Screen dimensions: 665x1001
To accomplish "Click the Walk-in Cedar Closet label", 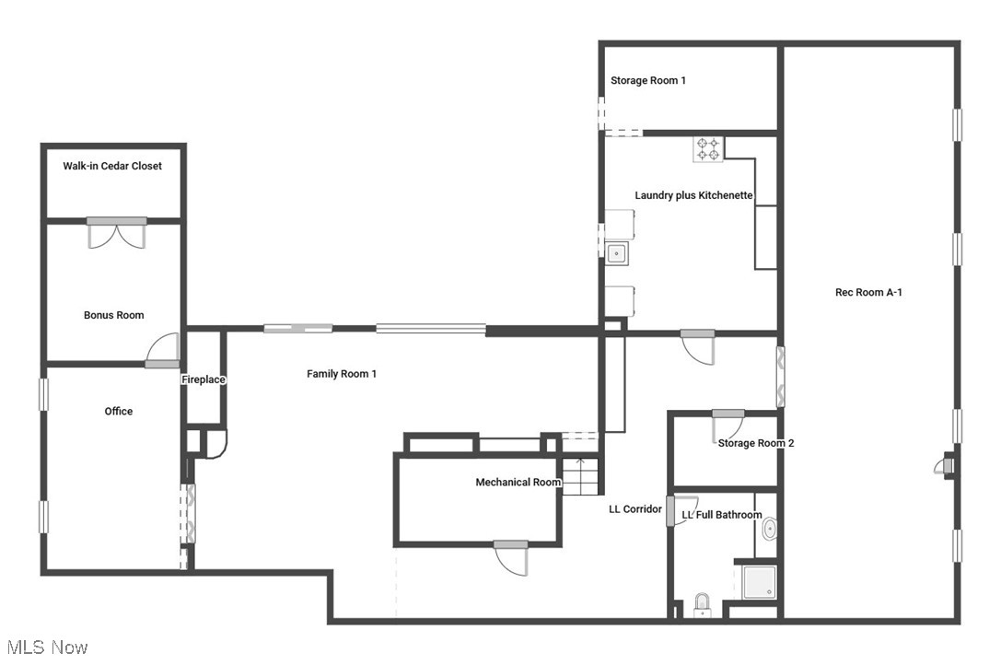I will point(112,166).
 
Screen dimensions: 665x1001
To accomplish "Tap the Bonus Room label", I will point(113,315).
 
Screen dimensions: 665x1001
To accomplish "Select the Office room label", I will point(118,411).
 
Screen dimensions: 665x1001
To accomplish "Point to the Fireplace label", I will point(203,379).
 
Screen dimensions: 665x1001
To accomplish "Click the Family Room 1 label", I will point(342,373).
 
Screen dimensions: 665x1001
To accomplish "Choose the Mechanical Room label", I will point(518,482).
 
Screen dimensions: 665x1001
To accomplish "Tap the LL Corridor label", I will point(634,508).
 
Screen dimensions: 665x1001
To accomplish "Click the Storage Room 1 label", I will point(648,80).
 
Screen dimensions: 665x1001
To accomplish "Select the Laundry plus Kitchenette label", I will point(694,195).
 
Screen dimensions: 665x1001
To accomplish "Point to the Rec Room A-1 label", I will point(867,292).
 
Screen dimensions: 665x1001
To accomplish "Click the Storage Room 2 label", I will point(756,443).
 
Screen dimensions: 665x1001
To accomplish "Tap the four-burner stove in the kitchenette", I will point(708,148).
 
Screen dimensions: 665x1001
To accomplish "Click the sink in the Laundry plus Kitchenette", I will point(615,251).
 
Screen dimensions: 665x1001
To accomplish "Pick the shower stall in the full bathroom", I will point(761,582).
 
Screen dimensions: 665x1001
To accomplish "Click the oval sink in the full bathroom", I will point(769,529).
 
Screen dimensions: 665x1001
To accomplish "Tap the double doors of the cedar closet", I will point(117,233).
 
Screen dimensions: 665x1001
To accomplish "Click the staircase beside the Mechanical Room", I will point(581,476).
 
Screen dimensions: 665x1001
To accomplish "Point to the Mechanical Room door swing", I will point(513,558).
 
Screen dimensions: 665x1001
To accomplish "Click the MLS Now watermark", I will point(45,647).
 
